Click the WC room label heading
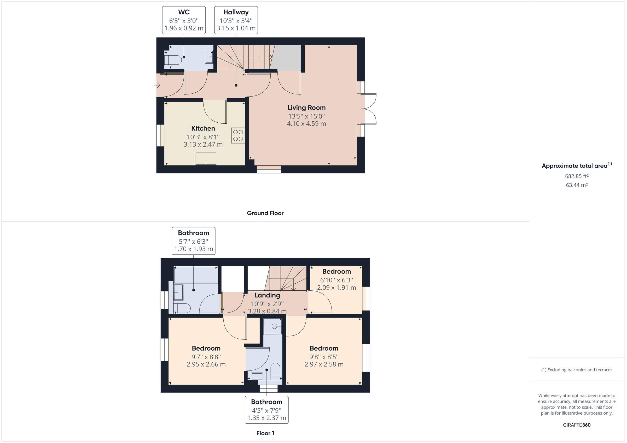(183, 12)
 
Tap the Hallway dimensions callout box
(236, 20)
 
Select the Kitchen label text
(203, 128)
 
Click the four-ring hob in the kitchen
(238, 136)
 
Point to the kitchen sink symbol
(206, 158)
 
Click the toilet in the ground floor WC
(173, 60)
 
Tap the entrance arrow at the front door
(158, 85)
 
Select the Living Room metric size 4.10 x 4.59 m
(306, 124)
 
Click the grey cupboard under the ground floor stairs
(286, 58)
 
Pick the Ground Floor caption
(265, 213)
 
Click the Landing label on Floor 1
(267, 295)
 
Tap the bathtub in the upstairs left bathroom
(195, 275)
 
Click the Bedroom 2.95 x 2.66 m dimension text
(206, 364)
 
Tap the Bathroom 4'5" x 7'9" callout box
(266, 410)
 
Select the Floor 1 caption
(265, 433)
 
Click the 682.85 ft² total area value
(577, 176)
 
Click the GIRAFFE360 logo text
(577, 425)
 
